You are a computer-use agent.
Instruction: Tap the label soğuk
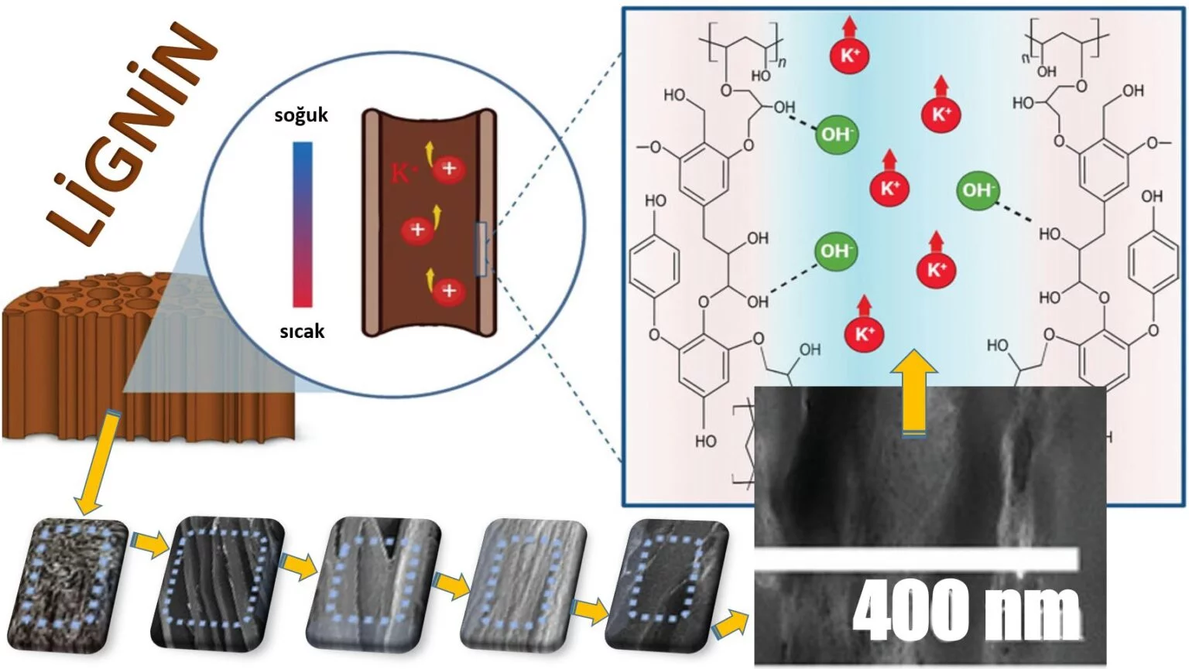301,115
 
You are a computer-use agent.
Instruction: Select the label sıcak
302,332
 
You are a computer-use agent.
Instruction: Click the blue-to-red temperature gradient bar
303,224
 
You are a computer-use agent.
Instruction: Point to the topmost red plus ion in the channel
449,169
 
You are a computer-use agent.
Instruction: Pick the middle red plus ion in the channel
417,230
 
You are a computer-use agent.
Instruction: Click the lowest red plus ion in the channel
448,291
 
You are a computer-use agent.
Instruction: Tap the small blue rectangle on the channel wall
481,248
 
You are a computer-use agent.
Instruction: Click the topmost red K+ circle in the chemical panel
850,56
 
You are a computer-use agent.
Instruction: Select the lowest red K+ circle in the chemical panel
864,334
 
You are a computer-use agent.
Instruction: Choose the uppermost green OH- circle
836,135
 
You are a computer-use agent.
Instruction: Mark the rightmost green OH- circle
978,189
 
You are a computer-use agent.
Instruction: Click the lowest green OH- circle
835,251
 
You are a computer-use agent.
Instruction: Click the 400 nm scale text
965,610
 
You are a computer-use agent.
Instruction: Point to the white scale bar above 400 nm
917,560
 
